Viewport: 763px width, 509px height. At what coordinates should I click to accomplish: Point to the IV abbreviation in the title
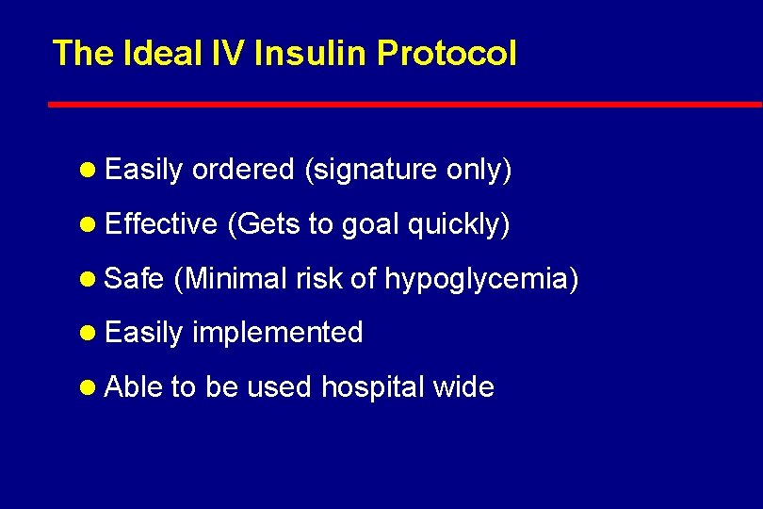(227, 54)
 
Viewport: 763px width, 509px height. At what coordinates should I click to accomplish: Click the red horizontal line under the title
(405, 104)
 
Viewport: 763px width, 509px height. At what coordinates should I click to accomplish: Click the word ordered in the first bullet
(243, 170)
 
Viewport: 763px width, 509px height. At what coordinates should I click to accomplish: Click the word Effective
(161, 223)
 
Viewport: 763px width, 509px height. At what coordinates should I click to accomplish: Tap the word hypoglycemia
(480, 279)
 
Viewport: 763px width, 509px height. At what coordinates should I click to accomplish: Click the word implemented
(278, 333)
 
